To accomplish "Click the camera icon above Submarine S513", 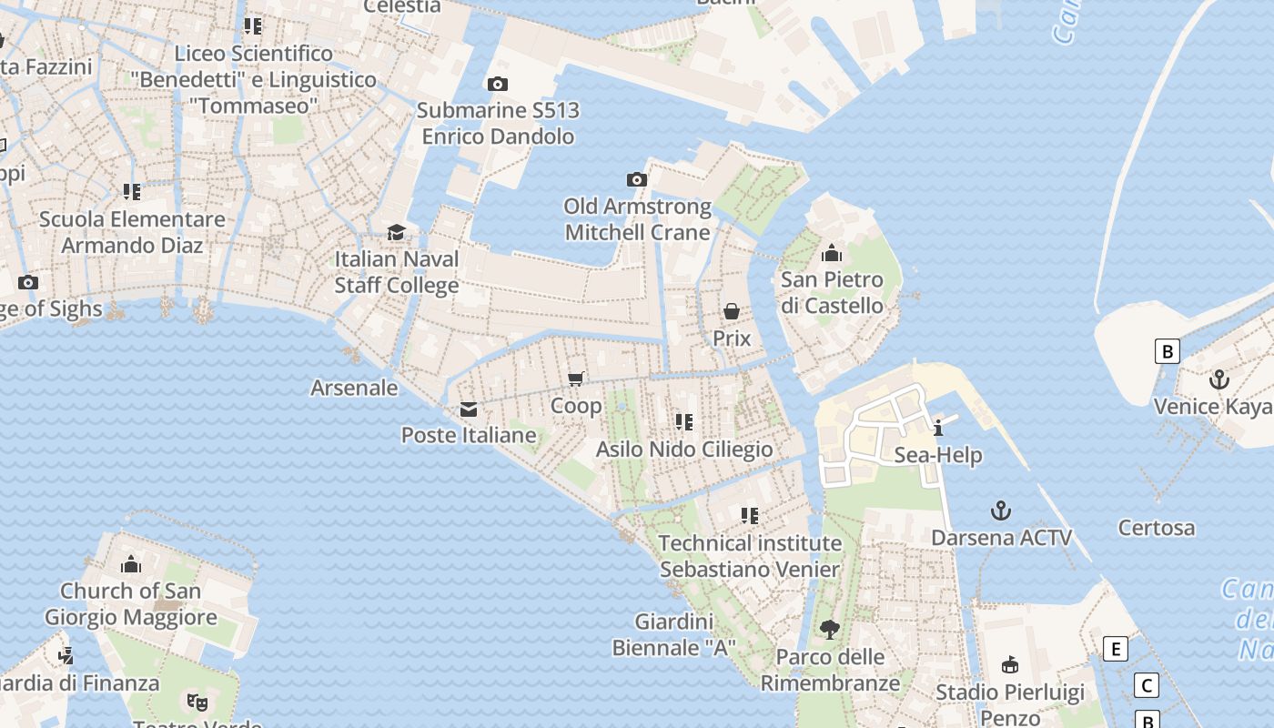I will (x=498, y=85).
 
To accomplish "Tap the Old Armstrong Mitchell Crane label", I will (x=637, y=219).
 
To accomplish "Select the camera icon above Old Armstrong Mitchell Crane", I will (x=637, y=180).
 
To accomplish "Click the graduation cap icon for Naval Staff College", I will (x=396, y=233).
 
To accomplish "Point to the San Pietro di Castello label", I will (x=832, y=292).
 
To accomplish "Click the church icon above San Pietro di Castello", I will (x=832, y=253).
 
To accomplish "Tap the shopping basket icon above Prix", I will (x=732, y=312).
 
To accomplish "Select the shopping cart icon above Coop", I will (x=575, y=379).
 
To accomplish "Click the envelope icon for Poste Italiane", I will (x=469, y=409).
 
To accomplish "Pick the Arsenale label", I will (x=354, y=388).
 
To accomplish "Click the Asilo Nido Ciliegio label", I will (x=684, y=450).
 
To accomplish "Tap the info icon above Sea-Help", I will (x=938, y=428).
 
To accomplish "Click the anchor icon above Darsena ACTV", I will (x=1001, y=511).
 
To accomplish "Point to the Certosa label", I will (x=1157, y=528).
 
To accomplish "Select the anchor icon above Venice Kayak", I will (x=1218, y=379).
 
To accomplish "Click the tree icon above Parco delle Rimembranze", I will (x=829, y=629).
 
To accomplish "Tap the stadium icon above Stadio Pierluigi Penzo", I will (x=1009, y=665).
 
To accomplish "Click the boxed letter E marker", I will (x=1115, y=649).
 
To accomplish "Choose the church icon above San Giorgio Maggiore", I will (x=131, y=564).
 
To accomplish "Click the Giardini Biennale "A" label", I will (x=673, y=635).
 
